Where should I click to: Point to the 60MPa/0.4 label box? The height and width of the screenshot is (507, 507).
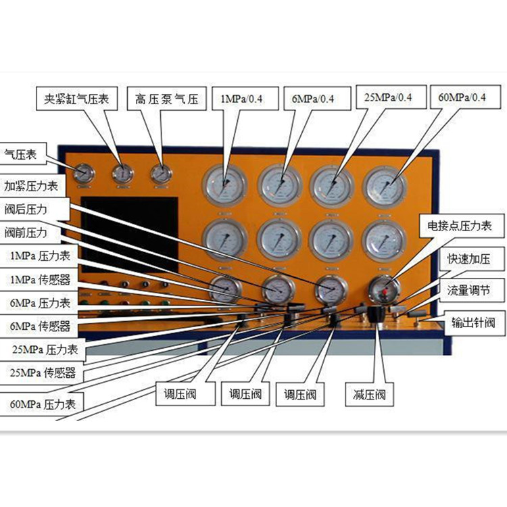[462, 97]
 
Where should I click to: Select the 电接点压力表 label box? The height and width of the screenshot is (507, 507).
[462, 226]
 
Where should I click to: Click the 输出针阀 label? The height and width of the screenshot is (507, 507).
[473, 322]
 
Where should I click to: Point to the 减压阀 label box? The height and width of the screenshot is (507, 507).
[368, 393]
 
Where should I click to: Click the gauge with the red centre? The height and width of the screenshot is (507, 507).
[385, 291]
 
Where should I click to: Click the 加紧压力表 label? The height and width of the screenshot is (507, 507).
[31, 185]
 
